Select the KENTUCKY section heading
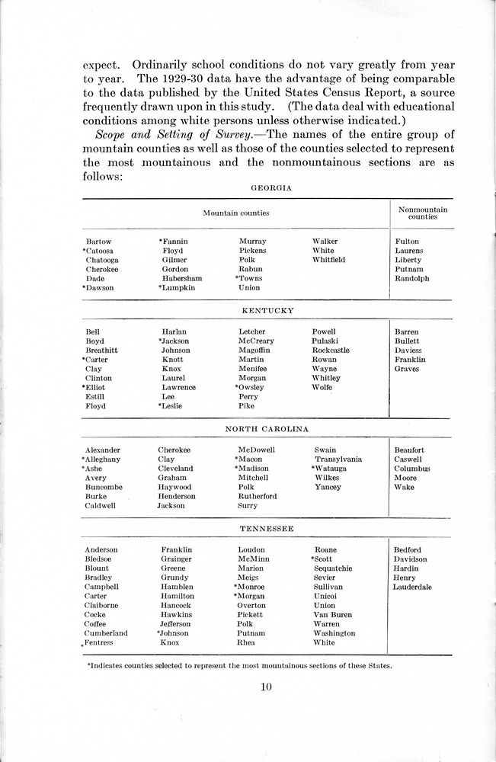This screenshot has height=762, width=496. tap(267, 311)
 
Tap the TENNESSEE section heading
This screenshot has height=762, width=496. tap(267, 528)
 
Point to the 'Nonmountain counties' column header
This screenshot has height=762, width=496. tap(423, 213)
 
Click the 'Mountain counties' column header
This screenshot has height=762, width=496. tap(235, 213)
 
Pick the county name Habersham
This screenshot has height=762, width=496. tap(182, 278)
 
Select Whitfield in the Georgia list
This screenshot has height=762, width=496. tap(328, 260)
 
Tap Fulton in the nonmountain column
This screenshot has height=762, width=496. tap(407, 242)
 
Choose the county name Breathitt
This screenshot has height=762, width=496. tap(101, 351)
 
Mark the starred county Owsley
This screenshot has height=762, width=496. tap(251, 387)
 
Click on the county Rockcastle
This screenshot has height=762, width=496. tap(331, 351)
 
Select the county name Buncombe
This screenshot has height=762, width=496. tap(104, 487)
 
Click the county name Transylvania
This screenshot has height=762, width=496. tap(338, 459)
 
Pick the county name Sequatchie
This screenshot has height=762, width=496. tap(333, 568)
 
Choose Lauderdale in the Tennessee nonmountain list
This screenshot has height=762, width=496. tap(412, 587)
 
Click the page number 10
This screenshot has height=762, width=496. tap(266, 687)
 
